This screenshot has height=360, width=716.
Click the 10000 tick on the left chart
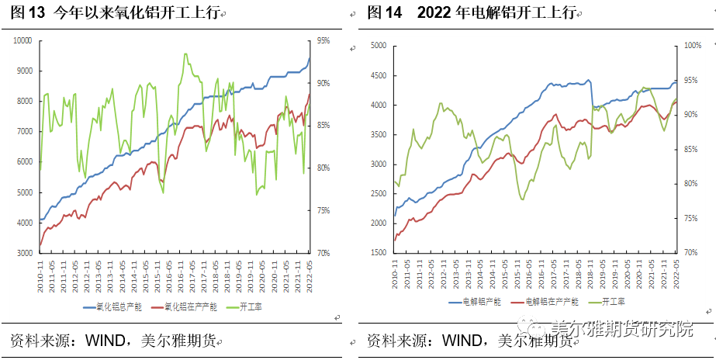pos(22,40)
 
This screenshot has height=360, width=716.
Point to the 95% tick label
pos(323,40)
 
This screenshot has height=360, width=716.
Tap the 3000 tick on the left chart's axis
pos(25,253)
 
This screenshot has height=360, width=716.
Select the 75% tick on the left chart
pos(323,210)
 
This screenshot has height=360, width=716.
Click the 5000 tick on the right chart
pos(378,46)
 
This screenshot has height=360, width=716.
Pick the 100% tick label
pos(693,46)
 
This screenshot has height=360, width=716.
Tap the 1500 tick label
pos(378,253)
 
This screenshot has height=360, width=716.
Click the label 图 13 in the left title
pos(29,12)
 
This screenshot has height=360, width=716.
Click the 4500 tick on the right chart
pos(378,75)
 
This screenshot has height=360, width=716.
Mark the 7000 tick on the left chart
pos(25,132)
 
